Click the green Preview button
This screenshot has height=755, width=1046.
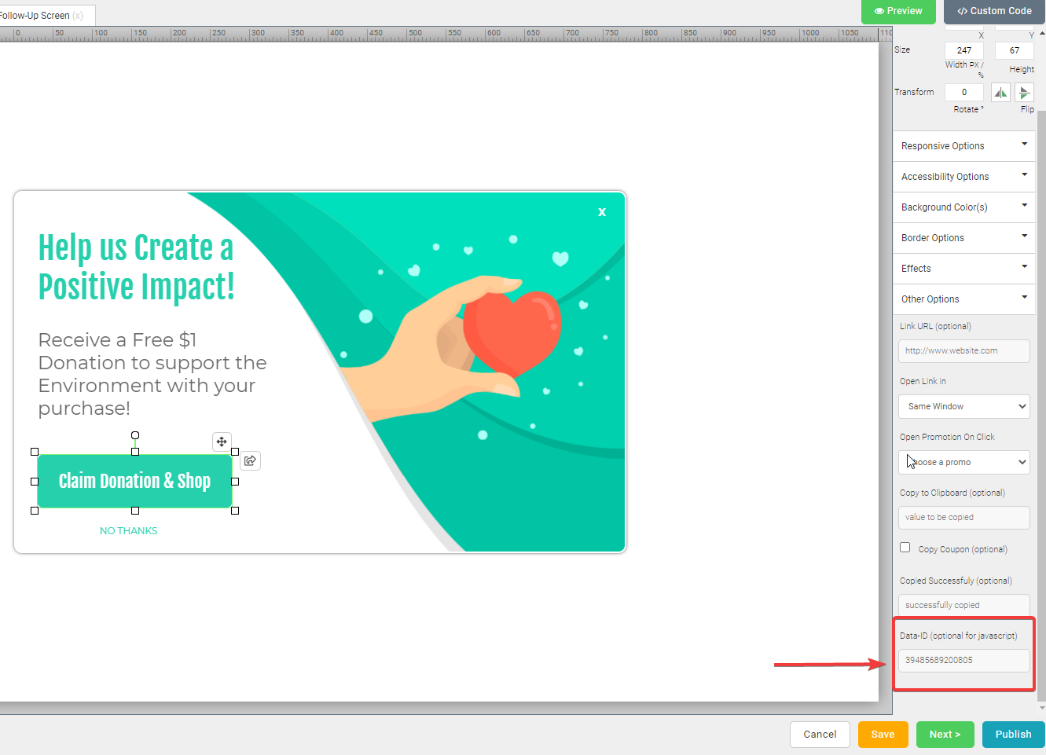click(898, 11)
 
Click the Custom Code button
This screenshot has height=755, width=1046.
click(994, 11)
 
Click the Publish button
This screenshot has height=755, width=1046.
click(1013, 734)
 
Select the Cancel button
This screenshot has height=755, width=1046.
click(820, 734)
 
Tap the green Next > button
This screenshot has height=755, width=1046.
click(945, 734)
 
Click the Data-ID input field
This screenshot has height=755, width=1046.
click(963, 660)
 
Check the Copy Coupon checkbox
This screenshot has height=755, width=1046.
click(905, 548)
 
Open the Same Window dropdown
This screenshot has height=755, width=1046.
click(963, 406)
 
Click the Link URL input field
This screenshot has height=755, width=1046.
click(963, 350)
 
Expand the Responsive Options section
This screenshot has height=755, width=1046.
click(963, 145)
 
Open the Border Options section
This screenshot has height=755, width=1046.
click(963, 238)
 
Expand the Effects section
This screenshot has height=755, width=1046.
click(963, 269)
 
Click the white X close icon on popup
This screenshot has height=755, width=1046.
click(602, 212)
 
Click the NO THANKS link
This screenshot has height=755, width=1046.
click(128, 531)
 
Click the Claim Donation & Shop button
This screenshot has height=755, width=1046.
click(134, 481)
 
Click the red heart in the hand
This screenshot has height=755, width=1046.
click(512, 333)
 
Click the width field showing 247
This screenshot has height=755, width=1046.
click(963, 50)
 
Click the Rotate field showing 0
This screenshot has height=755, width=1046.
click(963, 92)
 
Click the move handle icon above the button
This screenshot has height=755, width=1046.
click(222, 442)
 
